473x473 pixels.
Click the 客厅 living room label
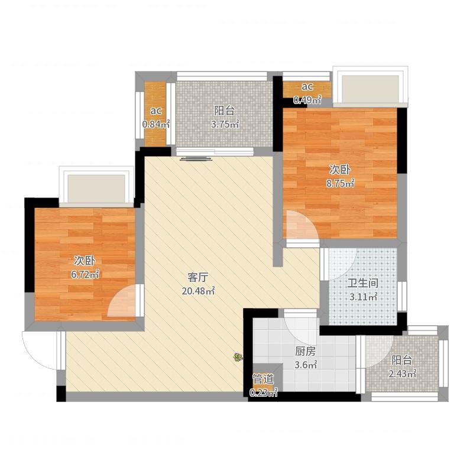(x=198, y=277)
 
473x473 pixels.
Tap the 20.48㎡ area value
(x=198, y=291)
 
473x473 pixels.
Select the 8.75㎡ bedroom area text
(x=340, y=183)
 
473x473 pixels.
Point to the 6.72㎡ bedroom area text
(x=85, y=274)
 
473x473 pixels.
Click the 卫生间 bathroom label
(x=363, y=283)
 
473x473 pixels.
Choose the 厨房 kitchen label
(x=306, y=351)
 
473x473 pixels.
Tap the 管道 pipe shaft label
(x=263, y=379)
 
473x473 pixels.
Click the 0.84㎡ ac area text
(x=155, y=124)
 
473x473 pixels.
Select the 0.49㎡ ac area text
(x=307, y=100)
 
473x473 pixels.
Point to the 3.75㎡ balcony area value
(x=225, y=124)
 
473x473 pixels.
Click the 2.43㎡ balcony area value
(x=403, y=374)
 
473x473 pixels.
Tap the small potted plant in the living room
(x=238, y=358)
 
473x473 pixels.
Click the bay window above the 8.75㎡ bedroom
(x=371, y=86)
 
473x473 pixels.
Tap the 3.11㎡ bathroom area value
(x=364, y=297)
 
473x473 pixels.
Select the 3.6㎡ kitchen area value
(x=306, y=365)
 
